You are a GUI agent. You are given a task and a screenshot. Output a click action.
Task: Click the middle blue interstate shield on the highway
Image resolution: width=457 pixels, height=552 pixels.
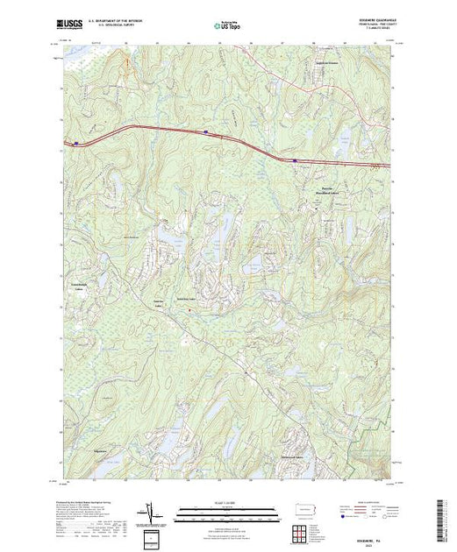point(205,133)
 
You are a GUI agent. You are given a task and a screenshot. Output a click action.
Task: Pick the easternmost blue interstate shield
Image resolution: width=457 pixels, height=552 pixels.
point(296,160)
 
